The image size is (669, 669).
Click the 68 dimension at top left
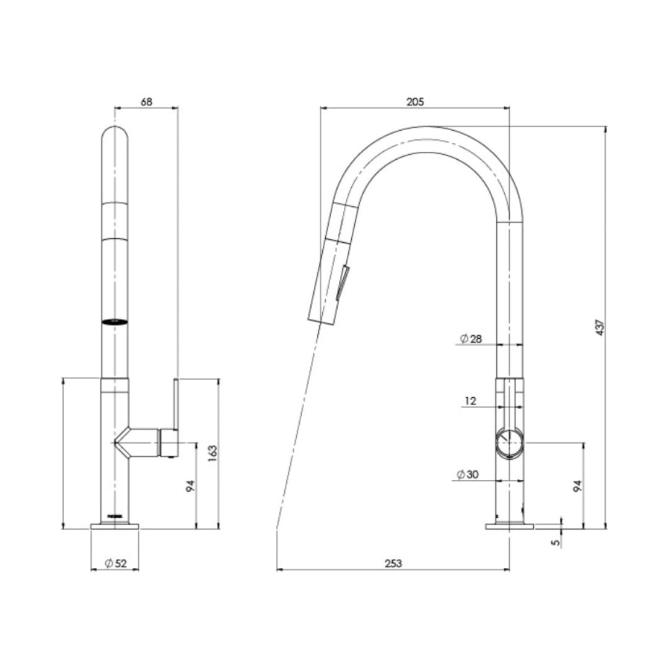146,102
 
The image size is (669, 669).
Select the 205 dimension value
415,102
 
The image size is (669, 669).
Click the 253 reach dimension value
393,563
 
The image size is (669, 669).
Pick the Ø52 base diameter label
116,563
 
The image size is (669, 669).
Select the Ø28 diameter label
471,338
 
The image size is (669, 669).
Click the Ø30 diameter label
469,474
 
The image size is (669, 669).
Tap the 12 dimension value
470,401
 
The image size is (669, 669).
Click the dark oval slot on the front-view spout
115,321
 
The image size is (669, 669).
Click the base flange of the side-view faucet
509,527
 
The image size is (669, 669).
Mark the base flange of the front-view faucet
115,527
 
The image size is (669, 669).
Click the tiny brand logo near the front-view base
115,515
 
